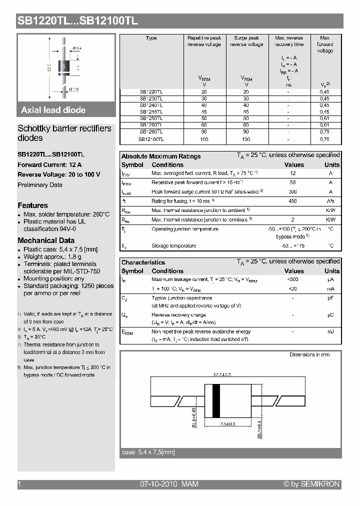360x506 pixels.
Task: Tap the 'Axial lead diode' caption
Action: pos(53,110)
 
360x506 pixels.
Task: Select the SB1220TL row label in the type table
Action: pos(150,92)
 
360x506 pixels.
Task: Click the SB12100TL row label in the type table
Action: pos(150,139)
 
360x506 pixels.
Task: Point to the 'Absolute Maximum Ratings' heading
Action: pos(161,156)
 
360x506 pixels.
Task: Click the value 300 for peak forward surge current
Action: pos(293,192)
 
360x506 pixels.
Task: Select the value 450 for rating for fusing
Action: pos(293,201)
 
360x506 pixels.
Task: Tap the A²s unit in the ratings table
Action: pos(330,201)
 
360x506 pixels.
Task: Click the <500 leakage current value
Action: pos(293,279)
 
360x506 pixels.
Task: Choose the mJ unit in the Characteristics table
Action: pos(330,332)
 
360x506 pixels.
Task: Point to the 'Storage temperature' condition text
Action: pos(173,246)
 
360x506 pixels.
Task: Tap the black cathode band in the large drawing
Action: pos(216,401)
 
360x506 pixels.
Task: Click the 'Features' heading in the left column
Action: pos(33,205)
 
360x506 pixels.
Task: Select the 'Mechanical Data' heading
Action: pos(46,240)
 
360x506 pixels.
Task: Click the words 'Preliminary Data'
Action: pos(40,185)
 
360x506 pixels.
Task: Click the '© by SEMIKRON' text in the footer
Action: pos(311,484)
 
